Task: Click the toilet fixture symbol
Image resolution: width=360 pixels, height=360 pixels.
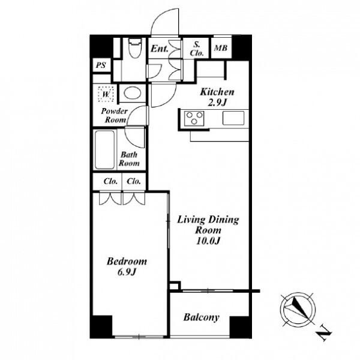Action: [135, 48]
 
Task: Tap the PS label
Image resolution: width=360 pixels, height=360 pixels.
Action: [101, 65]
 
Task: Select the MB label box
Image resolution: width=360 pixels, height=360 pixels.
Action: [221, 48]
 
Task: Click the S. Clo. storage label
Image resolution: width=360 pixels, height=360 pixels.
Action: [197, 49]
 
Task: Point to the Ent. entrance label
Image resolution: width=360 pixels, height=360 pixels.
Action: [160, 49]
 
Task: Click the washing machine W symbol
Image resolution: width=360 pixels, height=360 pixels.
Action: [106, 94]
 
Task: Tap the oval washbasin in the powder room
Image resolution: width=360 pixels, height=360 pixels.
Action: [133, 93]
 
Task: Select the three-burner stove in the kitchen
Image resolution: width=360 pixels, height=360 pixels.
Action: [194, 118]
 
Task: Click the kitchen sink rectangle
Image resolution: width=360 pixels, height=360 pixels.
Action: [233, 118]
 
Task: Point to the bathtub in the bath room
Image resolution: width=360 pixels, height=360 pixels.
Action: [104, 149]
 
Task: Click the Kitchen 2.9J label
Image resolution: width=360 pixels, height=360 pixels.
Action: [217, 97]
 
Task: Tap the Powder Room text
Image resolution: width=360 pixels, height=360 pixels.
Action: [115, 115]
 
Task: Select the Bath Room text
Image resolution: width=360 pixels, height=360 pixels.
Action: [129, 159]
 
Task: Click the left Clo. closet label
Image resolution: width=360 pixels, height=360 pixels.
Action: [110, 181]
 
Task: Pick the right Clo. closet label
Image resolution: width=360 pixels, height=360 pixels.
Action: [134, 181]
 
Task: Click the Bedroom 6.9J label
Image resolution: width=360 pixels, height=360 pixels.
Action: [127, 266]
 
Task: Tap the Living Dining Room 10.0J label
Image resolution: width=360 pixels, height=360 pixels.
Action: [208, 230]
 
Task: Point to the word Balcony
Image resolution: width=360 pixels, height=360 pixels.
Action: [202, 317]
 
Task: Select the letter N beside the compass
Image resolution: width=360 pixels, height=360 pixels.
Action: [324, 332]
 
